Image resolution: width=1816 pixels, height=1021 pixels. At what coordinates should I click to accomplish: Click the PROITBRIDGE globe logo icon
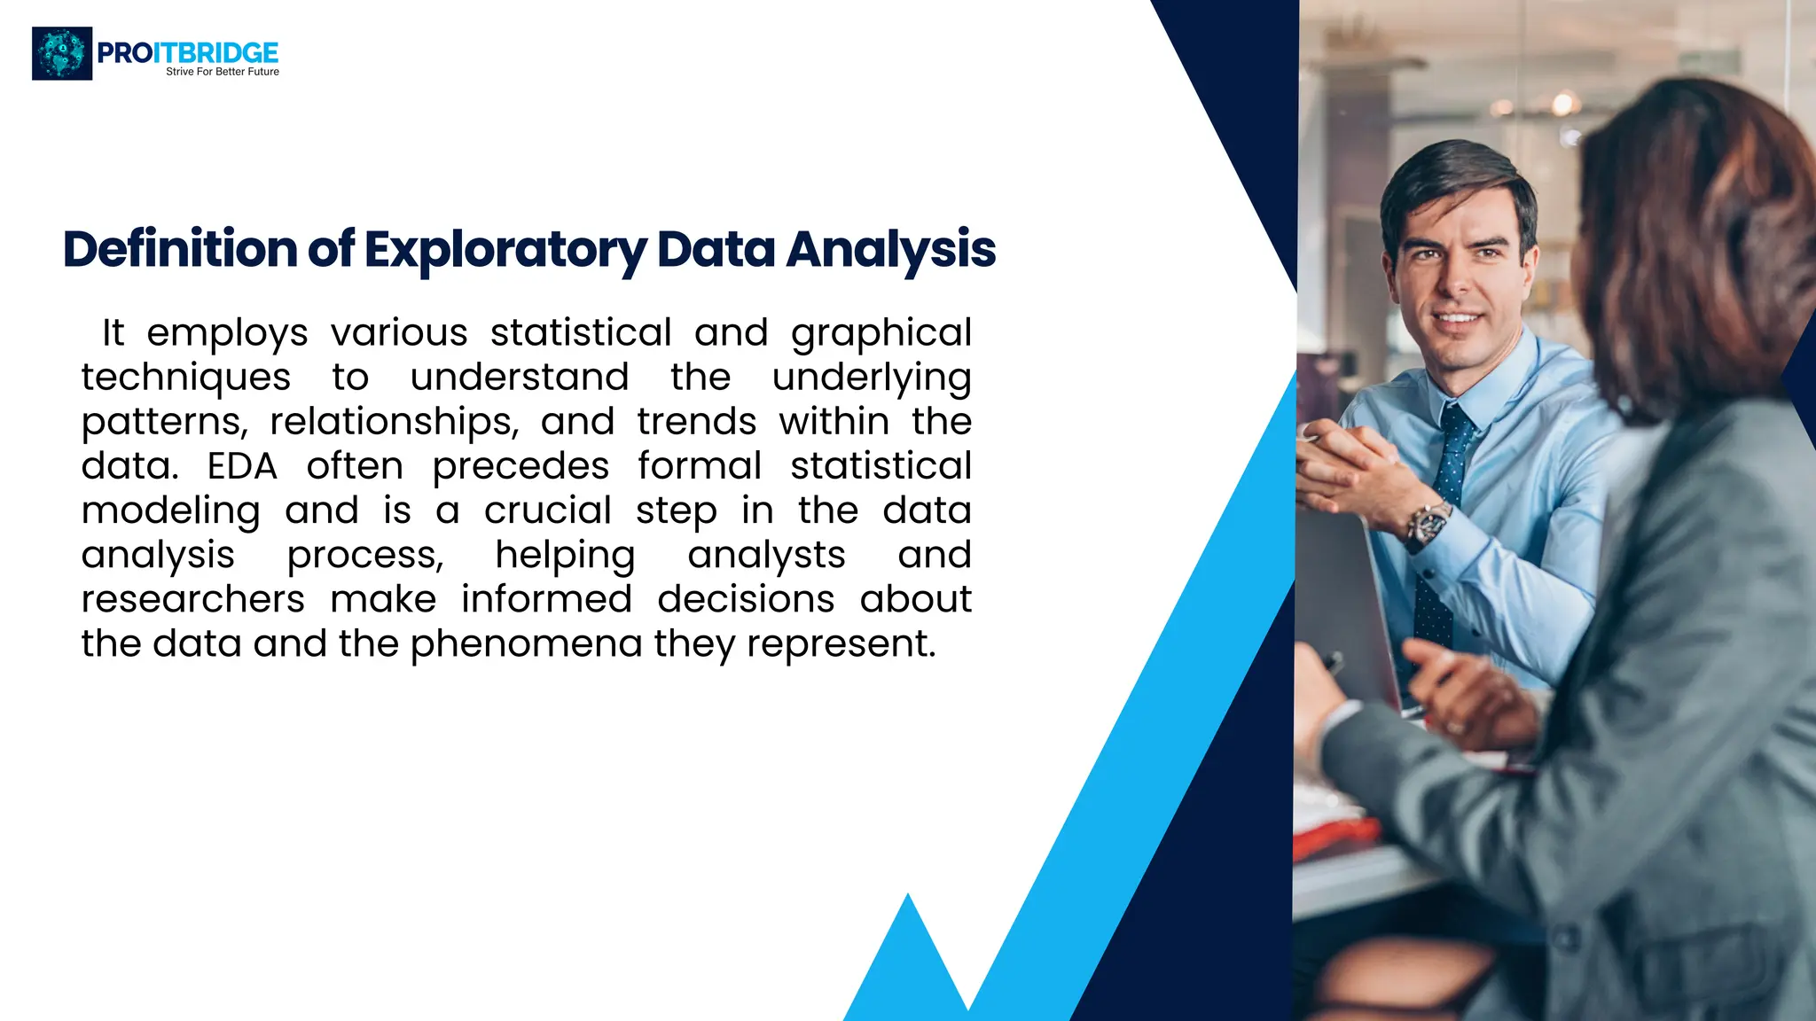(x=62, y=53)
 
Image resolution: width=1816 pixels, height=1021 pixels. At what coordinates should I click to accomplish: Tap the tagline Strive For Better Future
(x=223, y=72)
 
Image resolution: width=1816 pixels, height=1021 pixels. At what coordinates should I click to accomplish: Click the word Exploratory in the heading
(x=505, y=250)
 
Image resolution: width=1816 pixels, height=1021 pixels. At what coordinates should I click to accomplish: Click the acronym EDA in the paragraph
(x=242, y=466)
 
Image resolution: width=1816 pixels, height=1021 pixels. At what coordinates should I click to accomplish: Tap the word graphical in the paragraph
(x=881, y=334)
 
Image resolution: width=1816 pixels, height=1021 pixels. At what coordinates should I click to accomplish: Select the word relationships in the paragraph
(x=395, y=422)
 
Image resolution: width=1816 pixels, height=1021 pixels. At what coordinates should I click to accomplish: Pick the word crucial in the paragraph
(x=548, y=510)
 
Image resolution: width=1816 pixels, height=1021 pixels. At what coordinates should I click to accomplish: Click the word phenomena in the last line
(x=526, y=644)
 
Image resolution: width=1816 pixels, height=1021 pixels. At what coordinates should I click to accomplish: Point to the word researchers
(x=193, y=599)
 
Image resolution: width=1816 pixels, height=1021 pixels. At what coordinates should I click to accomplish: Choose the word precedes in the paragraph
(x=521, y=467)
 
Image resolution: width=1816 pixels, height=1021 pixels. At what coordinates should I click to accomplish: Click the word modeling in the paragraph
(x=171, y=511)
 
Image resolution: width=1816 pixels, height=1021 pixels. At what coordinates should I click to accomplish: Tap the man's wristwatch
(x=1427, y=524)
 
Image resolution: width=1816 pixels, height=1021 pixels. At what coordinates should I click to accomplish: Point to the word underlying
(x=872, y=378)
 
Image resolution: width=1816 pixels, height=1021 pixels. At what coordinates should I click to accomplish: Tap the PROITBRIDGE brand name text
(x=187, y=52)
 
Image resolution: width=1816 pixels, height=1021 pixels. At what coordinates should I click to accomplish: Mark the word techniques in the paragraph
(x=186, y=378)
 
